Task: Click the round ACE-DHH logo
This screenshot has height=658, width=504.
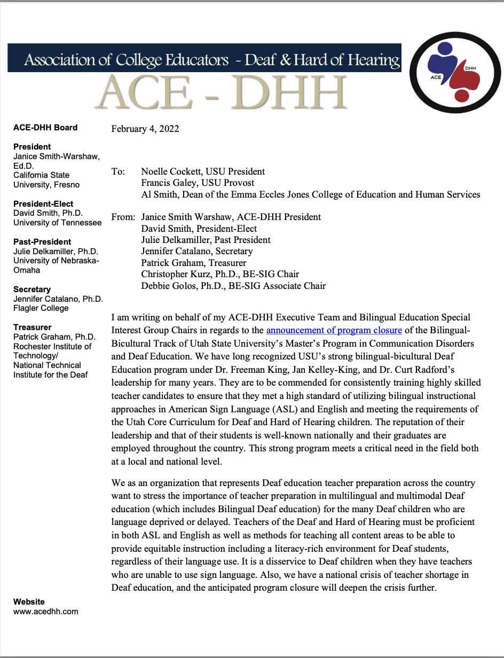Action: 454,73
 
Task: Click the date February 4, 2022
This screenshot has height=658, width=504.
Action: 145,129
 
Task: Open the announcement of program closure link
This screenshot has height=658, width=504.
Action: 334,331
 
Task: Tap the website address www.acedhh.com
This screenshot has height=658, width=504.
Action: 45,611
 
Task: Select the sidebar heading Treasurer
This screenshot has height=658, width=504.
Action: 33,327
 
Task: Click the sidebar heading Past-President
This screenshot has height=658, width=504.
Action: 42,241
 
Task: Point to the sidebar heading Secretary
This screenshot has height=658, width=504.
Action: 32,289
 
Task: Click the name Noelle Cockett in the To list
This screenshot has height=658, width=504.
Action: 169,171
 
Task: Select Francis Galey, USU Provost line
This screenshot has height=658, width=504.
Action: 190,183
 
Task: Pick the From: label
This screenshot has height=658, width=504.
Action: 123,217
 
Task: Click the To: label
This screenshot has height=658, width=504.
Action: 118,171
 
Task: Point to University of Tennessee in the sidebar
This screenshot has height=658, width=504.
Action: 57,222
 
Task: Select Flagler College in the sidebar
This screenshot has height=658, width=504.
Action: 41,308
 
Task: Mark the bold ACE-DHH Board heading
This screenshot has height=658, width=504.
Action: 45,127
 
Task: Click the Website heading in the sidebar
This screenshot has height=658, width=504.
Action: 29,601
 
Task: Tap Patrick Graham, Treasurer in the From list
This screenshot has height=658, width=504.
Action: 194,262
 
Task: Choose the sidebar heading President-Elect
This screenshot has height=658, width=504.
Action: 43,203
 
